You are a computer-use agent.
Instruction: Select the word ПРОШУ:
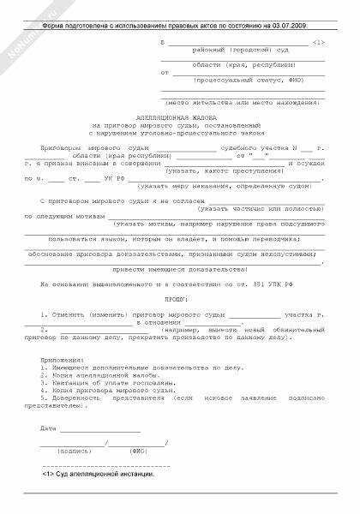pos(179,301)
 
